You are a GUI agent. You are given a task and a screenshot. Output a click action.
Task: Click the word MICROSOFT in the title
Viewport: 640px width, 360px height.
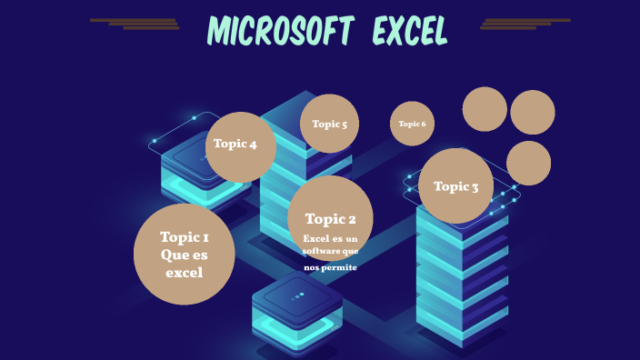279,32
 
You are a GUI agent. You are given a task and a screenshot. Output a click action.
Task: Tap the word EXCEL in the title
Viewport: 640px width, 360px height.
410,32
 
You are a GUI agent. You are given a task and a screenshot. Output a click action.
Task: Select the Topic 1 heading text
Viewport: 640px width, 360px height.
185,237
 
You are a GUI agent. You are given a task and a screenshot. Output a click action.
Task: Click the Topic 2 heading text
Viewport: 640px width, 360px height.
330,218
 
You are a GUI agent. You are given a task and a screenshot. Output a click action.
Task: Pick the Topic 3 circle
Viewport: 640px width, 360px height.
456,186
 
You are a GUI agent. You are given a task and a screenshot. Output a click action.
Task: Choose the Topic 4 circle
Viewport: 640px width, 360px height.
240,145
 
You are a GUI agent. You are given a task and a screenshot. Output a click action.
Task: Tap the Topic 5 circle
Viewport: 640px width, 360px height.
329,124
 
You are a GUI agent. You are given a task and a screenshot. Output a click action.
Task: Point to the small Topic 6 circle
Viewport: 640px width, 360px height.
412,124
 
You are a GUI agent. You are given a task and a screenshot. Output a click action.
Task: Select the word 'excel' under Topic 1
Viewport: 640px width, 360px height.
185,272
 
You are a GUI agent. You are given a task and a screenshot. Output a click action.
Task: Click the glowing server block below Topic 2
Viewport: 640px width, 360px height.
296,314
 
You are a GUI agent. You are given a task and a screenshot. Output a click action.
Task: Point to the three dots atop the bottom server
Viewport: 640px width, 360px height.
297,295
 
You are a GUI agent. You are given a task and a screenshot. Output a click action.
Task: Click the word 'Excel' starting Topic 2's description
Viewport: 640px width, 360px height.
314,238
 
